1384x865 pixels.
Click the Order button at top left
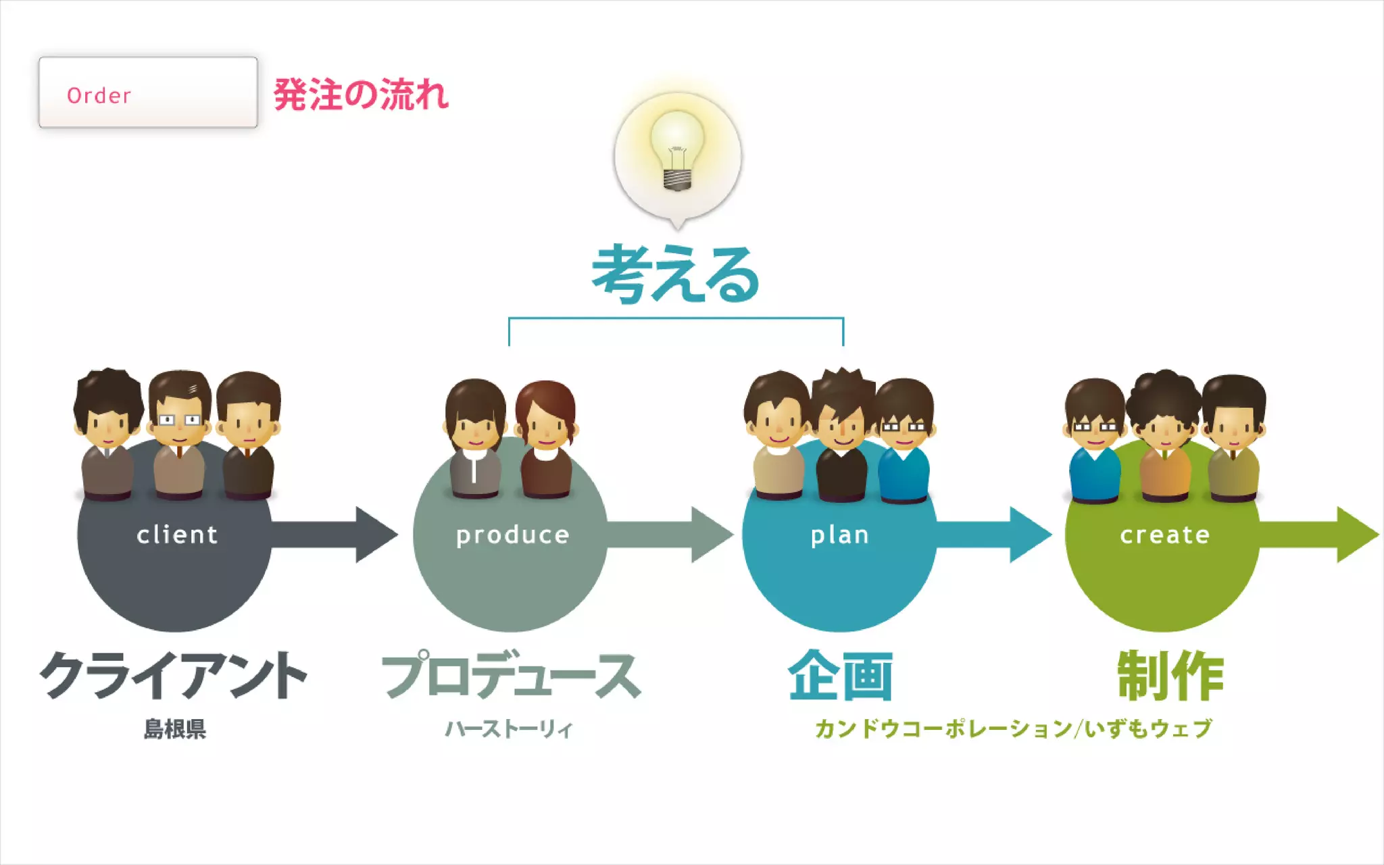(x=148, y=93)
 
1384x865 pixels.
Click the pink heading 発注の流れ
(x=361, y=95)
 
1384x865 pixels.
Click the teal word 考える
(x=676, y=274)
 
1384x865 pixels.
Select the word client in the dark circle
(x=177, y=535)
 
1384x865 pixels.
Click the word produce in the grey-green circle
(x=512, y=535)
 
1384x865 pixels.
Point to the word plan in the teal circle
(x=839, y=535)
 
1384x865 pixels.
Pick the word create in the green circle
(x=1165, y=535)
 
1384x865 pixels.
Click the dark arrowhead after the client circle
(x=375, y=535)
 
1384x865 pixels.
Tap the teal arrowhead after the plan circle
(x=1029, y=535)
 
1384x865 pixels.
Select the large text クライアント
(x=174, y=676)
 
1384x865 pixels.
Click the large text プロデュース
(x=511, y=676)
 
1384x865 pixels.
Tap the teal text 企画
(x=840, y=676)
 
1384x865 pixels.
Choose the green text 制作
(x=1170, y=676)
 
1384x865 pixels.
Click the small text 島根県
(x=174, y=729)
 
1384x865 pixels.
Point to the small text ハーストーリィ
(x=508, y=729)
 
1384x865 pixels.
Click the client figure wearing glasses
(x=179, y=432)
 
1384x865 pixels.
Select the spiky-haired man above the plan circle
(x=841, y=432)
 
